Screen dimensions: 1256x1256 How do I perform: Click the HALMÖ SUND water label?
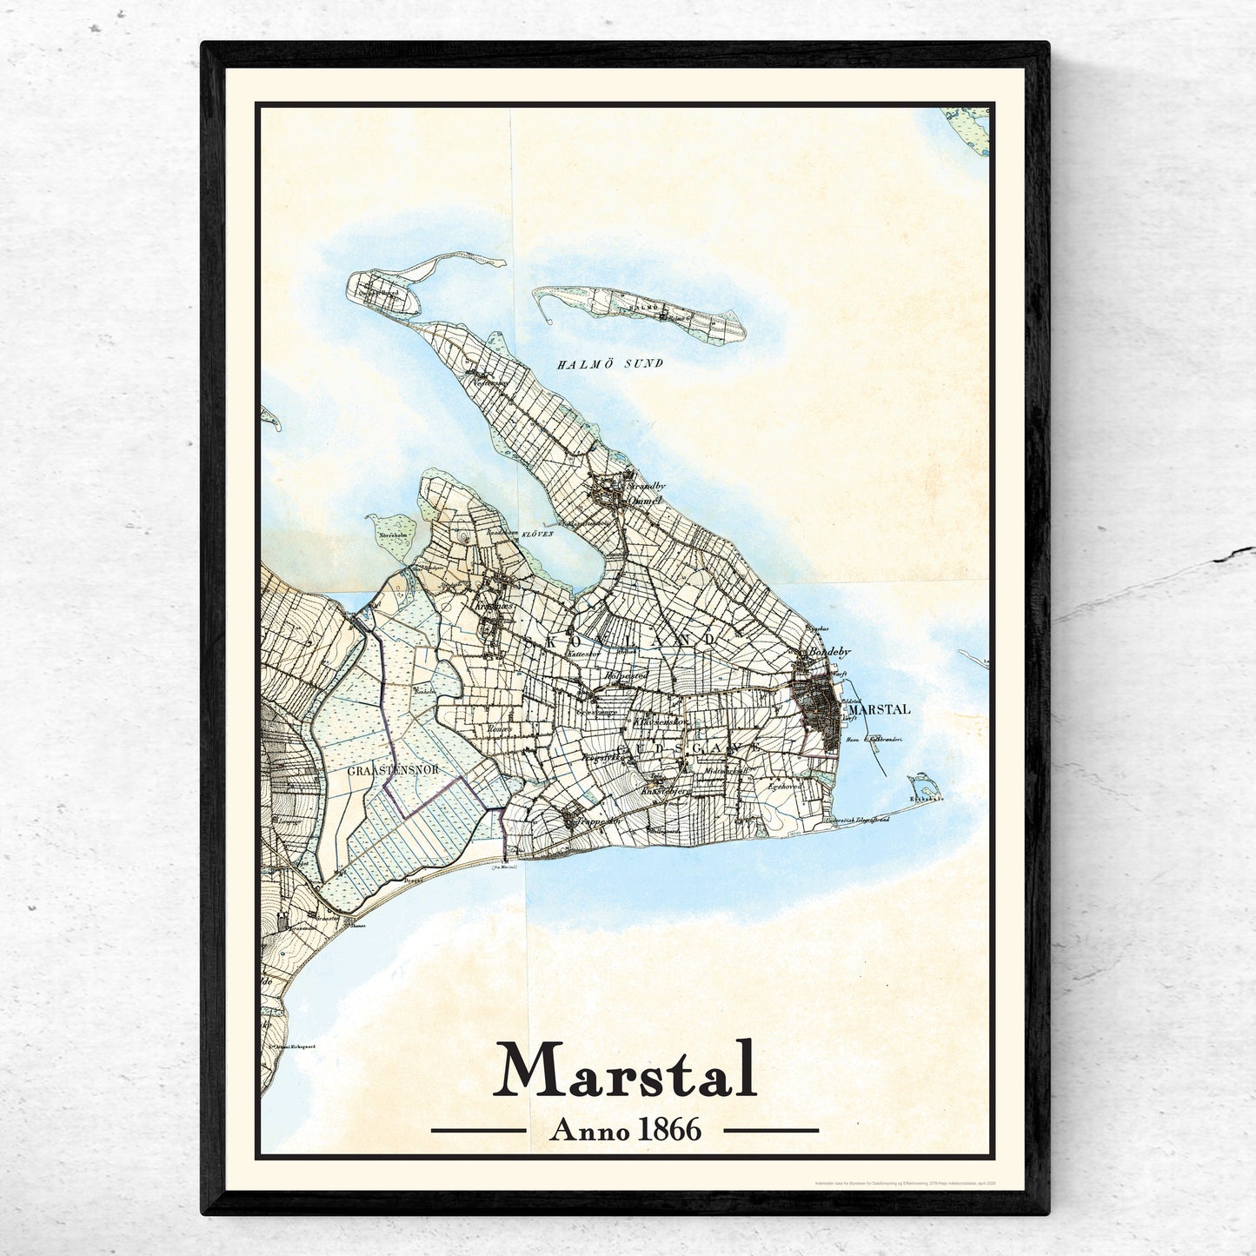pyautogui.click(x=609, y=364)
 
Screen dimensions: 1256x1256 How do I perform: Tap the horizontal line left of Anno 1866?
pyautogui.click(x=479, y=1131)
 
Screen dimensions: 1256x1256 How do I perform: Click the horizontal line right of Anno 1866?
pyautogui.click(x=771, y=1131)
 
